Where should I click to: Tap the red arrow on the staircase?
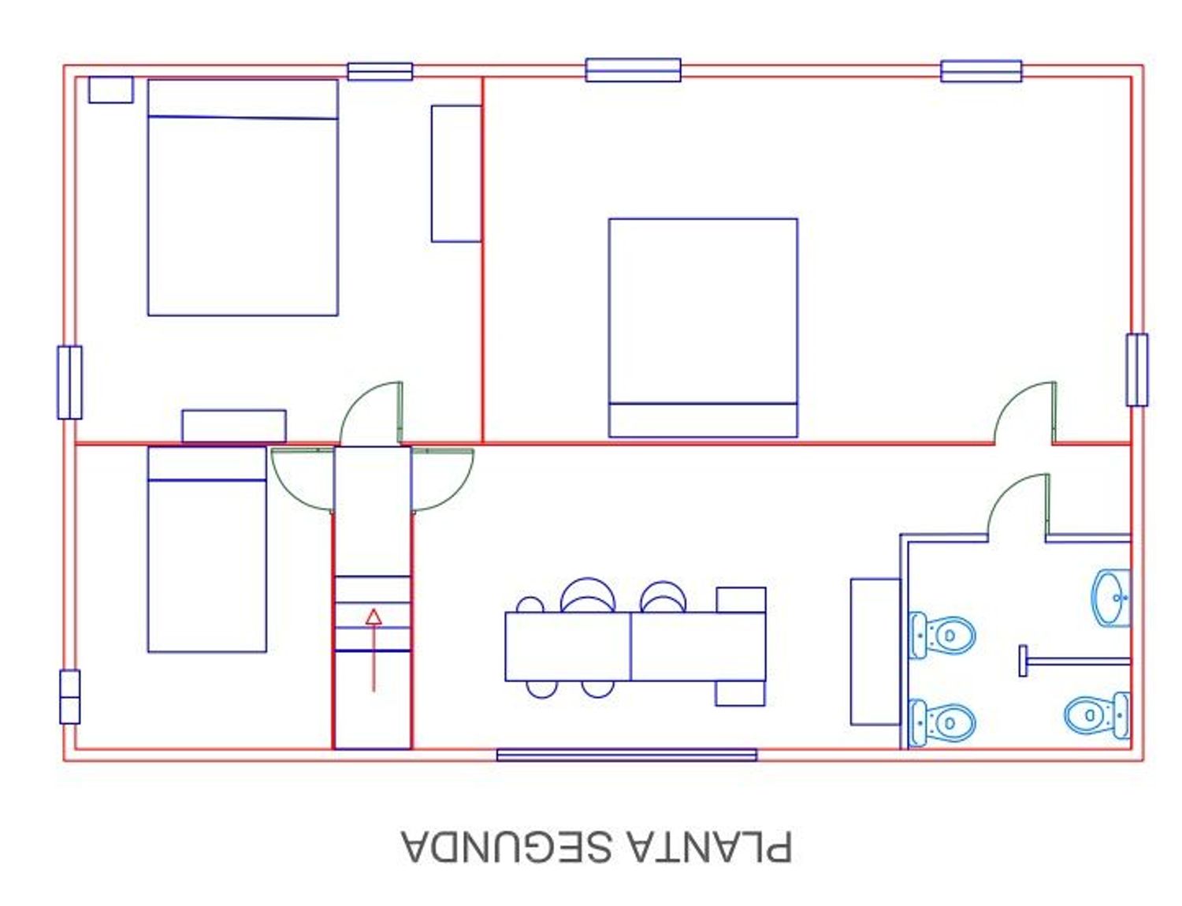[x=374, y=651]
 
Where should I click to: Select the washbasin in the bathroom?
[x=1111, y=598]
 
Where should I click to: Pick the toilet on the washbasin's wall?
[x=1097, y=715]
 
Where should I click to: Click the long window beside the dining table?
[x=626, y=755]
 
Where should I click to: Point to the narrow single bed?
[x=207, y=550]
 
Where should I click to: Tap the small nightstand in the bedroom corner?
[x=111, y=90]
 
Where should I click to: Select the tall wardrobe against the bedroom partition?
[x=456, y=173]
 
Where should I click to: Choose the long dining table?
[x=635, y=647]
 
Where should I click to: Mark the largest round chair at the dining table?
[x=588, y=595]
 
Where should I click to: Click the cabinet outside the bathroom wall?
[x=875, y=652]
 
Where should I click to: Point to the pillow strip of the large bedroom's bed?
[x=703, y=420]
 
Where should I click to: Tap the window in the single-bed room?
[x=69, y=696]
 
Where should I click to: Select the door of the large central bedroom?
[x=1025, y=413]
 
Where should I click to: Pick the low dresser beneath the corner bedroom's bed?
[x=234, y=426]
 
